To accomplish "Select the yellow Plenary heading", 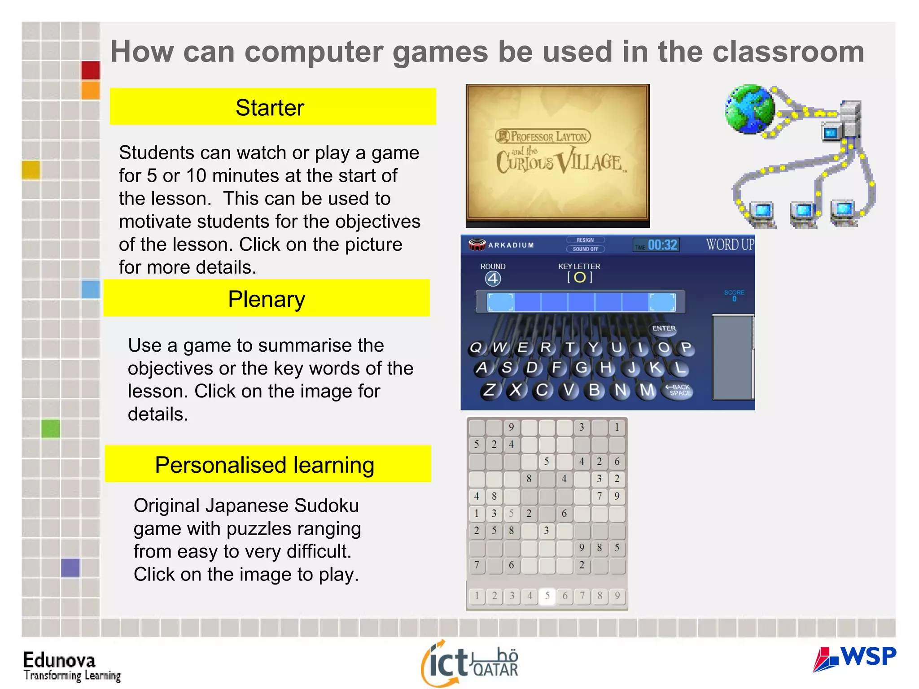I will [267, 298].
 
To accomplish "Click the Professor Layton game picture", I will [558, 155].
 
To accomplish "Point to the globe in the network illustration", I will [749, 109].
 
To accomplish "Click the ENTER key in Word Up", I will [664, 328].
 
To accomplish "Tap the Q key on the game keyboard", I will [476, 348].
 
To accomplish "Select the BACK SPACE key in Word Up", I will [679, 390].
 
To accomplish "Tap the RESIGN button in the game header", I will [585, 240].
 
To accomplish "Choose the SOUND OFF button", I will [585, 249].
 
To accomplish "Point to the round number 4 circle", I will [493, 279].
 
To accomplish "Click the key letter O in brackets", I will [580, 277].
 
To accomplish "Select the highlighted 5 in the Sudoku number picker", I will [547, 596].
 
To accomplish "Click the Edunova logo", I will [72, 666].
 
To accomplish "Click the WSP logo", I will [854, 658].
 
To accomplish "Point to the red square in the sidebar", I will [91, 70].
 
